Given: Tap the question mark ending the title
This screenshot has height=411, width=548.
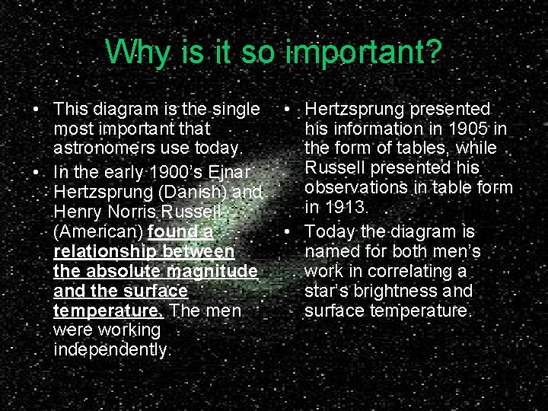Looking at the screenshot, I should [432, 53].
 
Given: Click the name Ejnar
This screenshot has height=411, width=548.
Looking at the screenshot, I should [236, 169].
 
